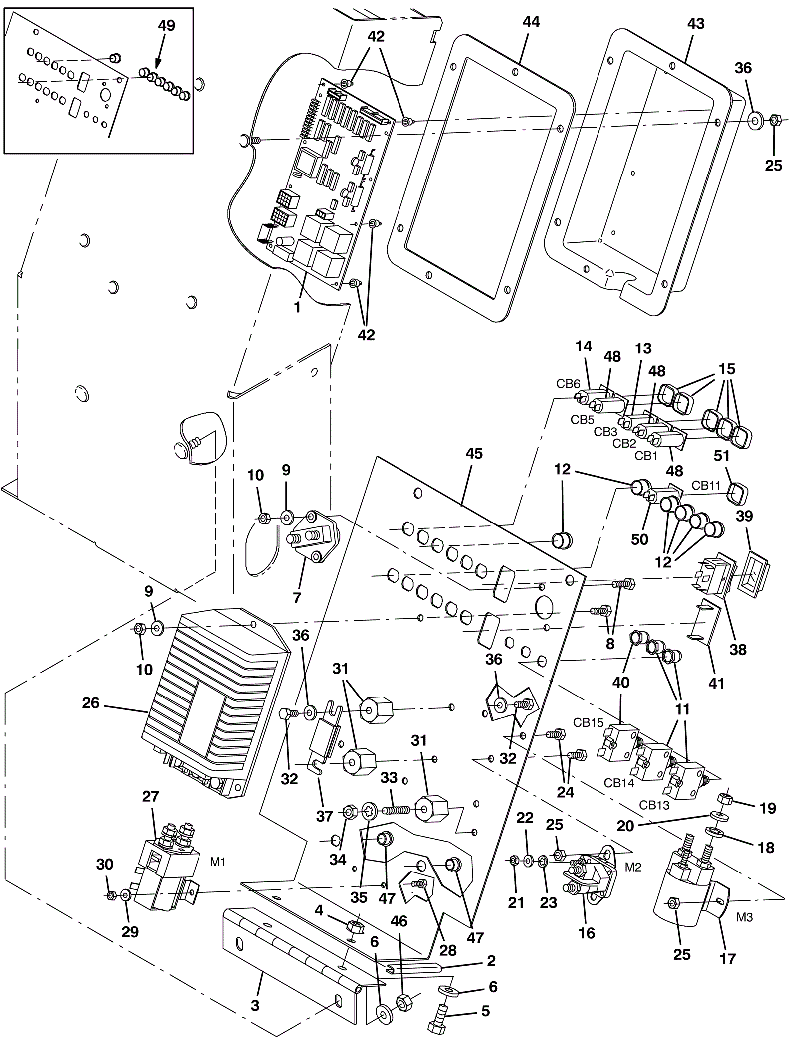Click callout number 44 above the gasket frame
tap(531, 22)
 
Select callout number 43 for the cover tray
tap(696, 23)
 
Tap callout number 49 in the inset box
tap(166, 26)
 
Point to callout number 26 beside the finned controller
tap(91, 703)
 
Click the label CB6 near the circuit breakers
tap(568, 384)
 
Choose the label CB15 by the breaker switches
tap(588, 722)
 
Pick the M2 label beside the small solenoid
tap(633, 867)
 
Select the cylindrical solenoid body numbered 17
tap(683, 897)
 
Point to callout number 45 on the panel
tap(474, 454)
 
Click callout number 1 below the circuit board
tap(297, 308)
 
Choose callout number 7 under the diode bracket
tap(297, 597)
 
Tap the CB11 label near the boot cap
tap(706, 485)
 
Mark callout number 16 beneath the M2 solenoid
tap(587, 933)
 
